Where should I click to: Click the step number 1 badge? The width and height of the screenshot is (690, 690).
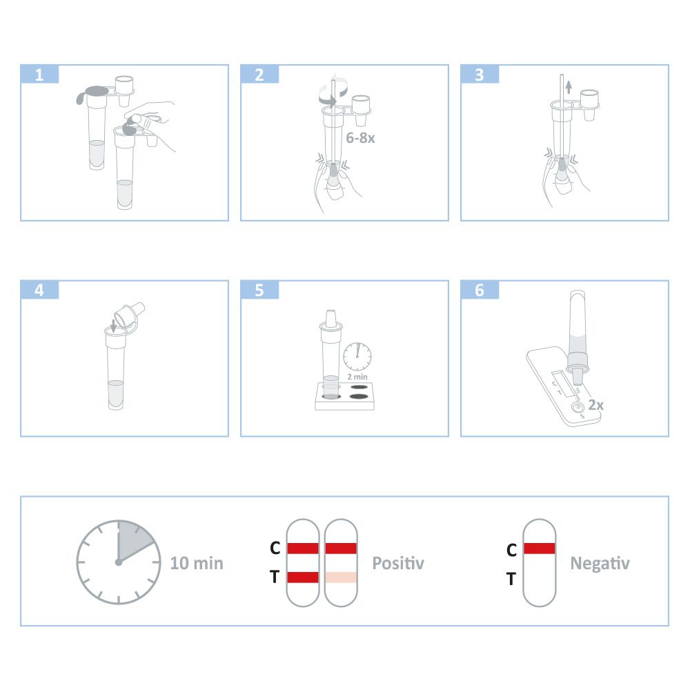(x=39, y=74)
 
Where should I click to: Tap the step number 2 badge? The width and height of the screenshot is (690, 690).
(x=259, y=74)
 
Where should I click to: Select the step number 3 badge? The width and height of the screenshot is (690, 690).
(x=480, y=74)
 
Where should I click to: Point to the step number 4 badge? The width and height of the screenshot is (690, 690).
(x=39, y=290)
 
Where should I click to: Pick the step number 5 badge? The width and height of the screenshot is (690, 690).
(x=259, y=290)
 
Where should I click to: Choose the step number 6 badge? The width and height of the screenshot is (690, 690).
(x=480, y=290)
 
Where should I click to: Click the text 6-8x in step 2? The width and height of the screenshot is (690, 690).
(x=360, y=138)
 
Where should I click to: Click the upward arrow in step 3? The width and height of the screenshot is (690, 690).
(x=569, y=87)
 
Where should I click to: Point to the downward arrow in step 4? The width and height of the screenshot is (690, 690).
(x=114, y=326)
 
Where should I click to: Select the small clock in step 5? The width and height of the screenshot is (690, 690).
(x=357, y=357)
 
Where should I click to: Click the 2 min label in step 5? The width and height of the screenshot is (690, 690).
(x=357, y=377)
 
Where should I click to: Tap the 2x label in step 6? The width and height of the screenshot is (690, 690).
(x=596, y=405)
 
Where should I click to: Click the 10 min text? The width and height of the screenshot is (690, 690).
(x=197, y=563)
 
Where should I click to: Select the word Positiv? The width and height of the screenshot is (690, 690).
(x=398, y=563)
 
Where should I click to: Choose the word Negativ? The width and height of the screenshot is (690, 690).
(x=600, y=563)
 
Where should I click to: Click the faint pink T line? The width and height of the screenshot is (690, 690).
(x=341, y=577)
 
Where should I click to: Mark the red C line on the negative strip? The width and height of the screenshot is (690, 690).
(x=540, y=549)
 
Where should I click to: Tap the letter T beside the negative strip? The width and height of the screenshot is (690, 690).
(x=511, y=579)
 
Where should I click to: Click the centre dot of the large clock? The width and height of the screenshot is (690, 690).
(x=119, y=562)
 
